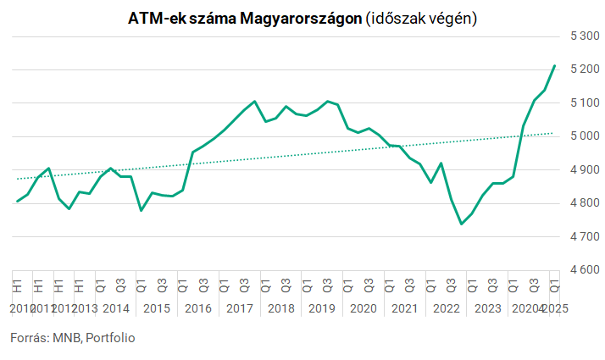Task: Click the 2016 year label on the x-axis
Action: point(197,308)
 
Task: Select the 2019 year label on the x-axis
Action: point(322,308)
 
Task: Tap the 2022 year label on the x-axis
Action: point(446,308)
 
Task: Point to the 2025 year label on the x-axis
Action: point(554,308)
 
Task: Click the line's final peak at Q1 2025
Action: point(554,65)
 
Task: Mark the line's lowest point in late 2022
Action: point(461,224)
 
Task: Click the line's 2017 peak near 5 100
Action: point(255,101)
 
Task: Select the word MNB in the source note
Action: point(66,338)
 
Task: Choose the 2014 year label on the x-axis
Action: point(115,308)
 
